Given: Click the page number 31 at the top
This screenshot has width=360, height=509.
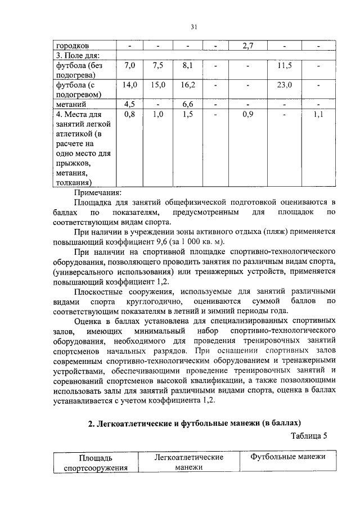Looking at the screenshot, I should pyautogui.click(x=193, y=26).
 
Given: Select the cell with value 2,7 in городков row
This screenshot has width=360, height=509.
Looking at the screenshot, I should pyautogui.click(x=249, y=45).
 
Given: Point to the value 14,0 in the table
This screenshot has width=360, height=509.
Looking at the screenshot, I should pyautogui.click(x=130, y=85).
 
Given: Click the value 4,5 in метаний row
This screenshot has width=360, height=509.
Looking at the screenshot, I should pyautogui.click(x=130, y=103).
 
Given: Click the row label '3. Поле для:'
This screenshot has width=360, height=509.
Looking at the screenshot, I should pyautogui.click(x=77, y=55).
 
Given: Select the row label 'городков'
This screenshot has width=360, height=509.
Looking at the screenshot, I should pyautogui.click(x=72, y=45).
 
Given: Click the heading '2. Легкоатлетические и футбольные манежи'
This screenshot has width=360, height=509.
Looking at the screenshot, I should pyautogui.click(x=195, y=422).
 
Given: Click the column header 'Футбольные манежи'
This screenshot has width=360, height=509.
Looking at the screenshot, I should pyautogui.click(x=288, y=457).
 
